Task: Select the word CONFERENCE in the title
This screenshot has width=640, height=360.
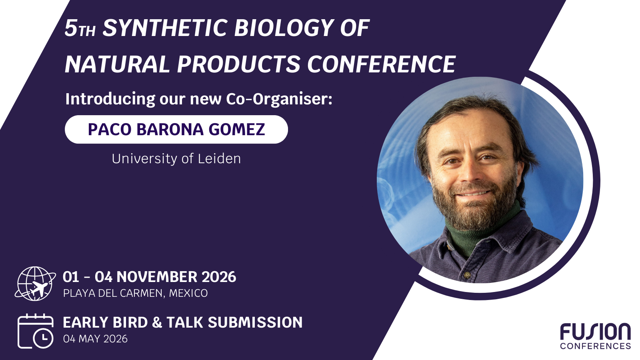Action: click(382, 64)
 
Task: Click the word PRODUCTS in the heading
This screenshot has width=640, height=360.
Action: click(238, 64)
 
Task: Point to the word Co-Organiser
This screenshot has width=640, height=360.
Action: click(279, 99)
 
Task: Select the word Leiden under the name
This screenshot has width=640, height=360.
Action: click(219, 158)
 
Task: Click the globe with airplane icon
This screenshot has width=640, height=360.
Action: click(36, 284)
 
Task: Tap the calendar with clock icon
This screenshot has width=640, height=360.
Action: click(36, 331)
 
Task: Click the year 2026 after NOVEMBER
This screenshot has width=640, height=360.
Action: click(219, 277)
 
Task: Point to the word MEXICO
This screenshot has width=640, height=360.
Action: click(188, 294)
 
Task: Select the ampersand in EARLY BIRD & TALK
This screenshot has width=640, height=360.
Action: click(157, 322)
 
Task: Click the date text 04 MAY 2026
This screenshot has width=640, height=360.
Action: click(96, 339)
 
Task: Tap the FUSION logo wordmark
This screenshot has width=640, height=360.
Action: click(595, 332)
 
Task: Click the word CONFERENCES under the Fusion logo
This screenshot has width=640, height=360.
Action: click(596, 346)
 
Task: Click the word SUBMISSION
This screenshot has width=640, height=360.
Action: click(255, 322)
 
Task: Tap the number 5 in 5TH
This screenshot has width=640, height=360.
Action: click(71, 28)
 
